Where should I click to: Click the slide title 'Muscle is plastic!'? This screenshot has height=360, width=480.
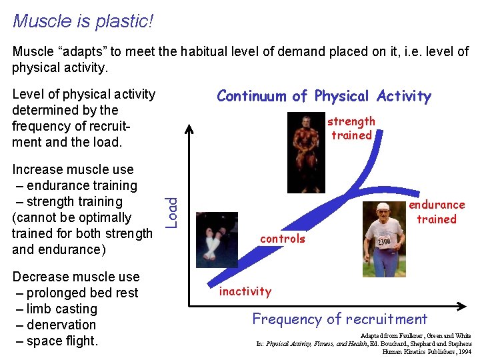click(x=83, y=21)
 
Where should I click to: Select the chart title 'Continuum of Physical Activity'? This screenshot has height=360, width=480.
click(x=324, y=96)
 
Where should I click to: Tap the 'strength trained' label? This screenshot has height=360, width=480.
click(x=351, y=128)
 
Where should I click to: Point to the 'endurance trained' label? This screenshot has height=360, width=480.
click(x=437, y=212)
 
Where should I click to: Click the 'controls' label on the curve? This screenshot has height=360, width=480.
click(x=283, y=239)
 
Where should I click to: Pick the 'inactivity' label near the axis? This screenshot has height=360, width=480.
click(x=245, y=291)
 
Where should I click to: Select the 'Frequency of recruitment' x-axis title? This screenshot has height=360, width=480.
click(x=339, y=319)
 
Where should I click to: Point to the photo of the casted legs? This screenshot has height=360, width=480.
click(x=217, y=240)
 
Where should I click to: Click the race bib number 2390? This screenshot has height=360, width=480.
click(x=385, y=241)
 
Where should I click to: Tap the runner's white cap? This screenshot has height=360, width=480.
click(x=382, y=206)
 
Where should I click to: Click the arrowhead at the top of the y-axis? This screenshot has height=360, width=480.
click(x=190, y=129)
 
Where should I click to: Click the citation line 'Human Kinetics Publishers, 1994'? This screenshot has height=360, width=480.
click(x=427, y=351)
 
